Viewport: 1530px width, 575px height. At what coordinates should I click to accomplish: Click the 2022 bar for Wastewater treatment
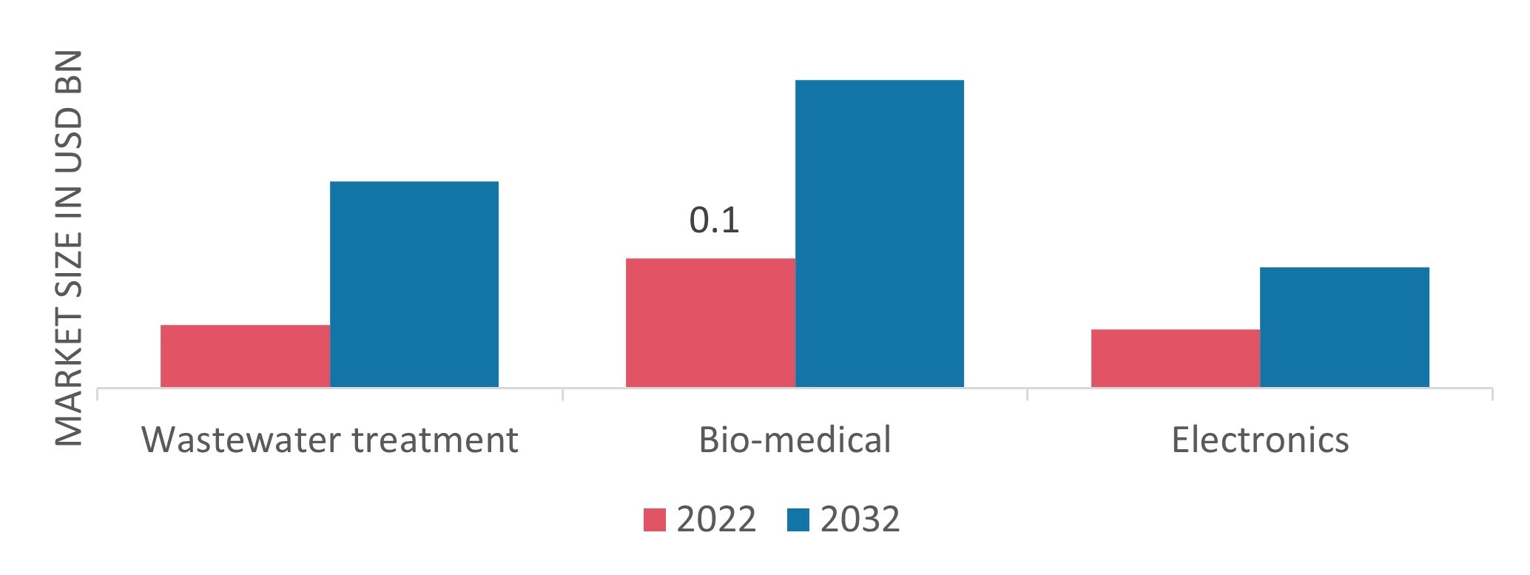coord(245,355)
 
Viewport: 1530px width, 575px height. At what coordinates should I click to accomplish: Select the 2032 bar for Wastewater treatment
coord(414,284)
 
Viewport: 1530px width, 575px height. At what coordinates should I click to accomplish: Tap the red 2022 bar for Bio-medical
coord(710,323)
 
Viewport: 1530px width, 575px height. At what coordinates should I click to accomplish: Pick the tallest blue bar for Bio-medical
coord(879,233)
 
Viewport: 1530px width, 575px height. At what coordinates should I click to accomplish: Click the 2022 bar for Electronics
coord(1175,358)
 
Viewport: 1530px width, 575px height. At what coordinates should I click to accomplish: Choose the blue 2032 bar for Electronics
coord(1344,326)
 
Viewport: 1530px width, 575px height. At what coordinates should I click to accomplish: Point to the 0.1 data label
coord(714,221)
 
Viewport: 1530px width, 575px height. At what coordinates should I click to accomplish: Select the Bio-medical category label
coord(795,440)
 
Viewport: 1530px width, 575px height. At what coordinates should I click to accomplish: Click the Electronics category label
coord(1260,440)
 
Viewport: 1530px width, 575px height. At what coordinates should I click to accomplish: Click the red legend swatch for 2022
coord(655,519)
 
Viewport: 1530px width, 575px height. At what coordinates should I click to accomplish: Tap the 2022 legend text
coord(716,519)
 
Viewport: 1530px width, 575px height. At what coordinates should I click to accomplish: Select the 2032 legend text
coord(860,519)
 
